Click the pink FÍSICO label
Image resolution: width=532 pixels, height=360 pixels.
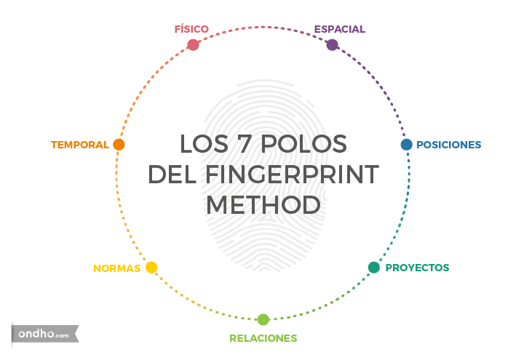point(191,29)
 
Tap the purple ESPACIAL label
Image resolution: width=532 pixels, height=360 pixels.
point(339,30)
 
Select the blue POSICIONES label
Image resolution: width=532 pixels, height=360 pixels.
point(449,145)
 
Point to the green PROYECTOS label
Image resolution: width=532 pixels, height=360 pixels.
point(417,268)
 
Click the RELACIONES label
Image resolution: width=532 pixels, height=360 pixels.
point(263,338)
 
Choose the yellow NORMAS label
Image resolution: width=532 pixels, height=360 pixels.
point(116,268)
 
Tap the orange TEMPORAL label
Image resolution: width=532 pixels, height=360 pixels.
point(80,145)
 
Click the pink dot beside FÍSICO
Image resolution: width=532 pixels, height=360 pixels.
point(193,44)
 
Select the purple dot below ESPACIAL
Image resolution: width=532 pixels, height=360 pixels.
point(333,44)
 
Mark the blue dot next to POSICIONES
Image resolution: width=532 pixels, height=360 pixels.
point(406,144)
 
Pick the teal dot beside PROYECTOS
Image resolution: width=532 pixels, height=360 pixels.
point(373,268)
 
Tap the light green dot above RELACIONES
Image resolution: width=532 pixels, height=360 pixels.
point(263,319)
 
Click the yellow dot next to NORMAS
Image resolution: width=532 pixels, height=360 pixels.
point(151,268)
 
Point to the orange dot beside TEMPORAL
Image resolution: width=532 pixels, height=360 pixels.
point(119,144)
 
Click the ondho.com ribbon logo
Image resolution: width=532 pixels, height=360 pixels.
point(44,335)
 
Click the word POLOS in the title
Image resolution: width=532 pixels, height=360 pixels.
point(305,144)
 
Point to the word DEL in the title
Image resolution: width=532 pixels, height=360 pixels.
point(174,175)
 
